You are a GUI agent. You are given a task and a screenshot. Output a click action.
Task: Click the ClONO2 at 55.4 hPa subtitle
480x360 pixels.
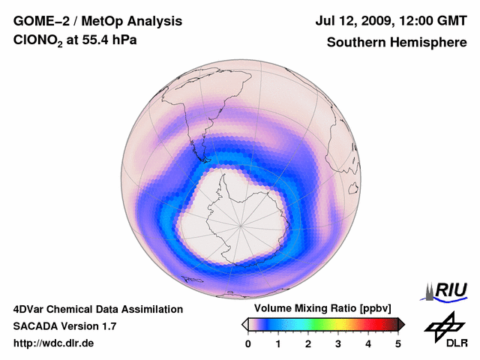(75, 43)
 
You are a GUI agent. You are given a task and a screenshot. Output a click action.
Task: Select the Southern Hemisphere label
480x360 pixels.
(397, 43)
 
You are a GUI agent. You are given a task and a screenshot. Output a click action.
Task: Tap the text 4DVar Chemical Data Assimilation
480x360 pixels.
(98, 309)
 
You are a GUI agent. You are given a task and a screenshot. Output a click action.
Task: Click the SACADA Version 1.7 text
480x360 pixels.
(64, 326)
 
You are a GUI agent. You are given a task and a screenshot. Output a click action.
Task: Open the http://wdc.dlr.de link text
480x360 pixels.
(54, 343)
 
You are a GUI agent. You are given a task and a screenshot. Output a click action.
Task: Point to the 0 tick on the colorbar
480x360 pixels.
(248, 343)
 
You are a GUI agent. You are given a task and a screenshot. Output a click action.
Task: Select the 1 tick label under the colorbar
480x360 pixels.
(278, 343)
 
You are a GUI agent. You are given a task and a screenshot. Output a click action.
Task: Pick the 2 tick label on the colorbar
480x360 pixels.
(308, 343)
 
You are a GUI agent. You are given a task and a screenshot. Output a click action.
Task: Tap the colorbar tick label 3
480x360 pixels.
(338, 343)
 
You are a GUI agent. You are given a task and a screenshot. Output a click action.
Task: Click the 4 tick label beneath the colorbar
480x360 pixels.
(368, 343)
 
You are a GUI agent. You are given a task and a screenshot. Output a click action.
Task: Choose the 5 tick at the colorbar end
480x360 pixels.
(398, 343)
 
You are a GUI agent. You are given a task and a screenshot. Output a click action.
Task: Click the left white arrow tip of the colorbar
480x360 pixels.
(244, 324)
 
